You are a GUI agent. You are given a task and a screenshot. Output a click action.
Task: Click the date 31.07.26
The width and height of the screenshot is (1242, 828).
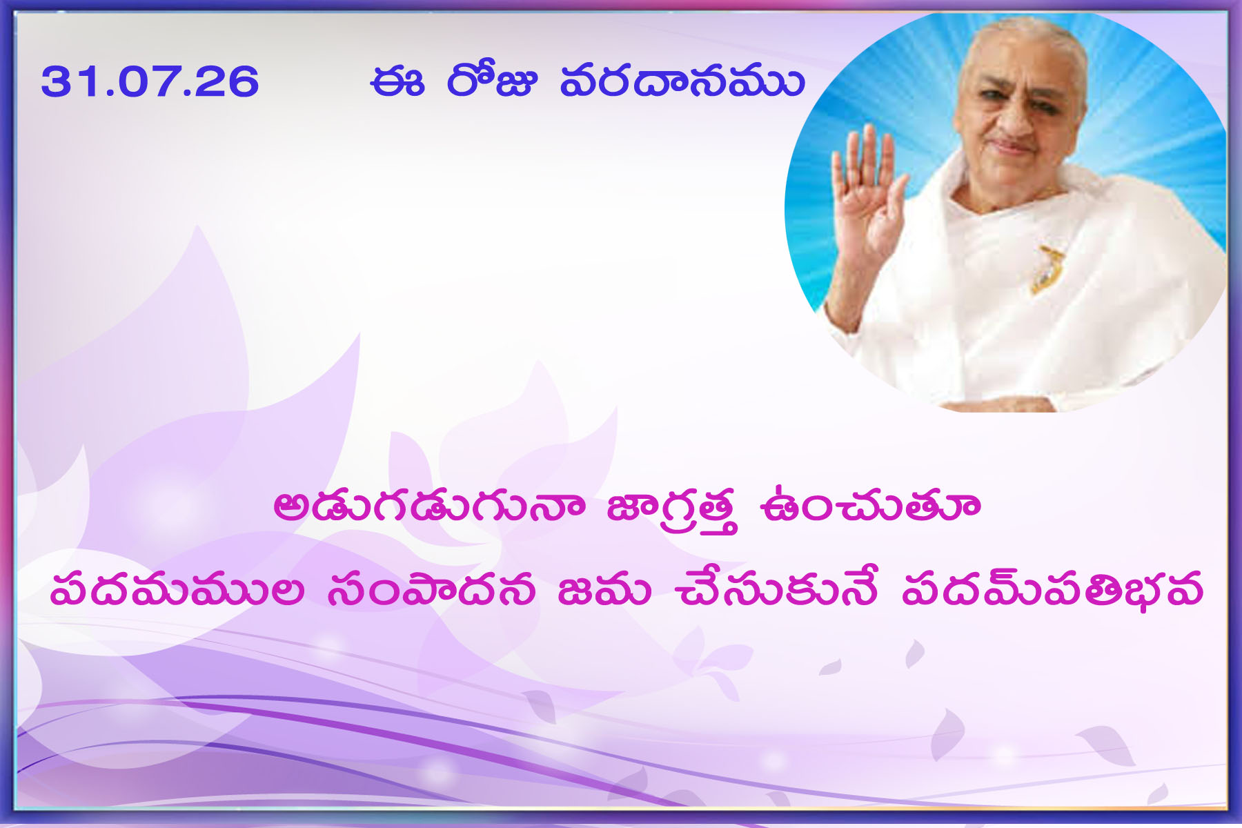[150, 81]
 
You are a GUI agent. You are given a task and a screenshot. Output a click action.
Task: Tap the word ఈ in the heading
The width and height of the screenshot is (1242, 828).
[396, 81]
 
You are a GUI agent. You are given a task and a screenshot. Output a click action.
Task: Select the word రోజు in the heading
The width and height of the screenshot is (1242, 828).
[491, 80]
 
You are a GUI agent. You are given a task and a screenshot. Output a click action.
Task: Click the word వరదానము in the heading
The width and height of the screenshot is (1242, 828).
[682, 81]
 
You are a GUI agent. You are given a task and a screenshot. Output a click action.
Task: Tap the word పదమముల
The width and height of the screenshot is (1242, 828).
[177, 590]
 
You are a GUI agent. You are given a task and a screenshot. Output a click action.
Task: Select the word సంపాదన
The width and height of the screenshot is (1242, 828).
[432, 590]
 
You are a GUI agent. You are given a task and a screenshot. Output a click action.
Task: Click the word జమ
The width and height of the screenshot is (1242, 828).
[604, 590]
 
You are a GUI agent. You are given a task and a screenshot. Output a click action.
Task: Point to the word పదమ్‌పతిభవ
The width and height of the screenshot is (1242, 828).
[1053, 589]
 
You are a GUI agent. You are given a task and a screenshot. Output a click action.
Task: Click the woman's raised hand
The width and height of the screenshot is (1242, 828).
[864, 190]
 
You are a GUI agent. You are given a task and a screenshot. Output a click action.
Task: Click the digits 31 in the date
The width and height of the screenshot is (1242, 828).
[61, 81]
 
